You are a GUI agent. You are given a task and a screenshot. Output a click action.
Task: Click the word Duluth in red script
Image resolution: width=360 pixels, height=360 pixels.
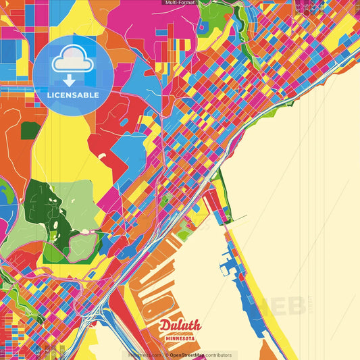click(180, 326)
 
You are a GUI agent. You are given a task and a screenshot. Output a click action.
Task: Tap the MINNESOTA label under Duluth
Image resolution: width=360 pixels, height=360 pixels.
click(180, 337)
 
